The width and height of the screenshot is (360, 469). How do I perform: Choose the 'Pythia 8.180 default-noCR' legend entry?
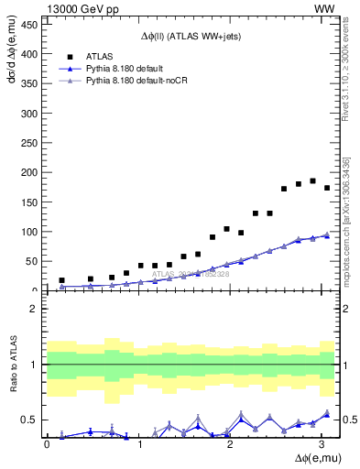pyautogui.click(x=138, y=82)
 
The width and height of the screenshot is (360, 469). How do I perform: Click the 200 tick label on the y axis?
pyautogui.click(x=31, y=173)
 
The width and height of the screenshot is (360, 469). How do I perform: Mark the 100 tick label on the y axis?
pyautogui.click(x=31, y=232)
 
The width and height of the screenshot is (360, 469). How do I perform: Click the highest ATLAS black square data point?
pyautogui.click(x=312, y=180)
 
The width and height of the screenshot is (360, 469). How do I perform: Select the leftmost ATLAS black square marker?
pyautogui.click(x=61, y=280)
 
